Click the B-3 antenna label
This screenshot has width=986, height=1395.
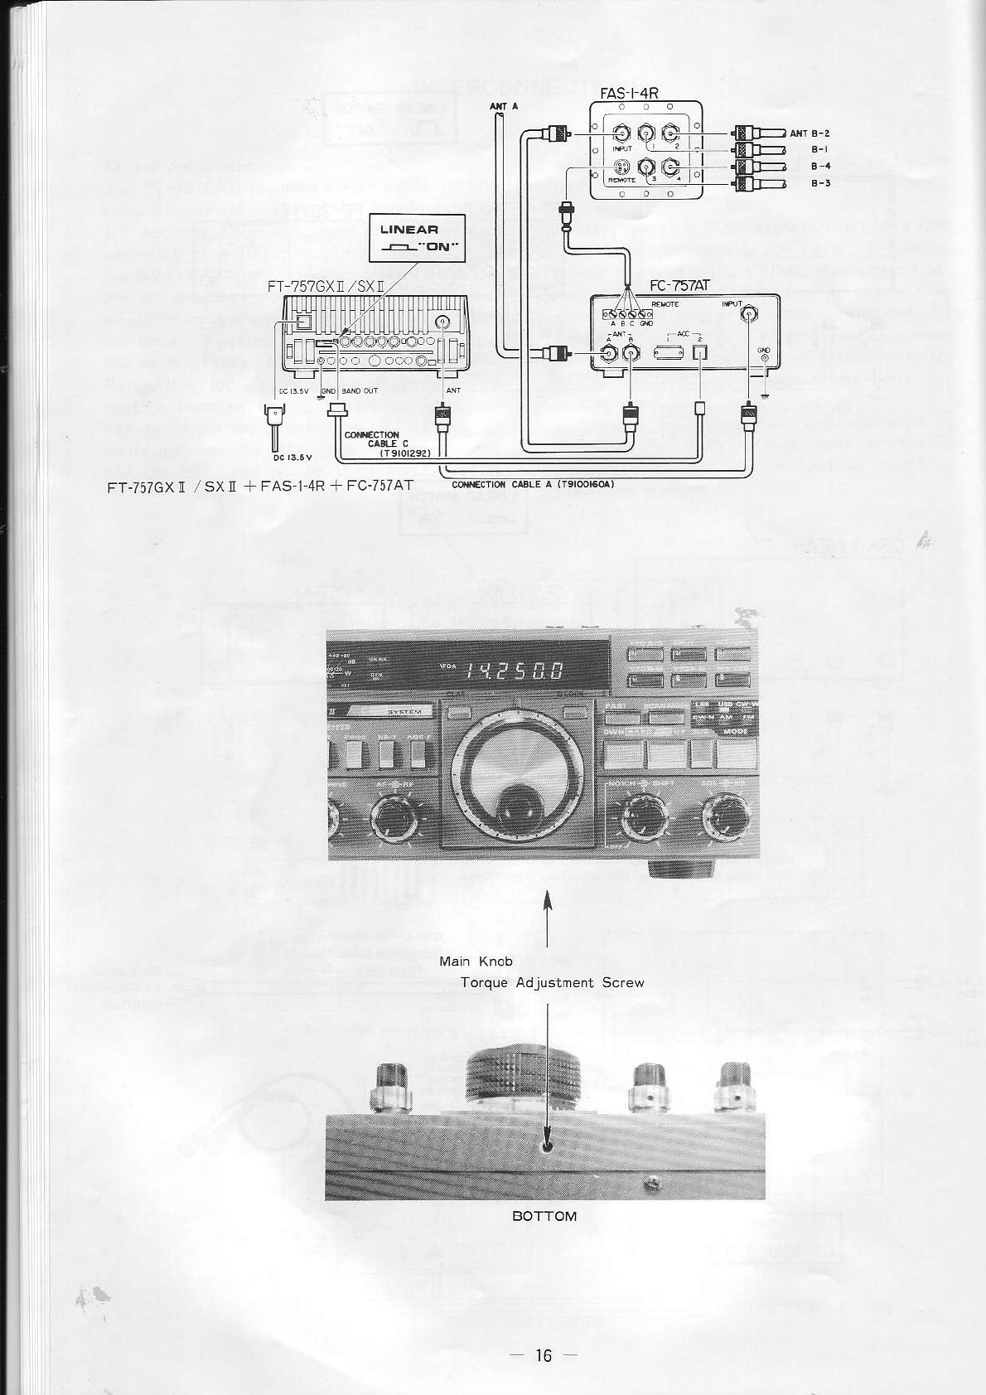[x=820, y=183]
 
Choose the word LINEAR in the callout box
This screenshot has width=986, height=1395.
[x=409, y=230]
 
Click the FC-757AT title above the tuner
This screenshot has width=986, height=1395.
[x=679, y=286]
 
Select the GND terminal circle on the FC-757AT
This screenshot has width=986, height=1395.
[x=763, y=358]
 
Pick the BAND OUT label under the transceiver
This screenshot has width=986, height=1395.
[x=360, y=390]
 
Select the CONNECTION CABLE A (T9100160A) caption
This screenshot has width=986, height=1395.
[x=532, y=484]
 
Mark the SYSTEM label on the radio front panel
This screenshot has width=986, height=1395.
[x=404, y=711]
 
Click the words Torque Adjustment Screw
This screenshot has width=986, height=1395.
[x=552, y=983]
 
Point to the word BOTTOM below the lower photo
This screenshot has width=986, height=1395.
[x=544, y=1216]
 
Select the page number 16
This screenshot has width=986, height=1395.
[x=543, y=1355]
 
